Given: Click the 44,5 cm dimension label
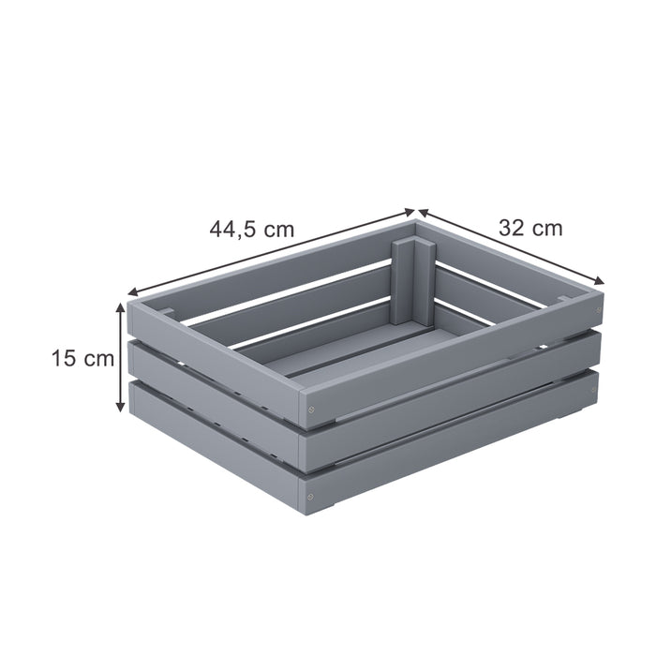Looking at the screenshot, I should coord(251,229).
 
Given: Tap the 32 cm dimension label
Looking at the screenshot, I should coord(530,228).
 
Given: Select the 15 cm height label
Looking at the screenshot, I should coord(82,357).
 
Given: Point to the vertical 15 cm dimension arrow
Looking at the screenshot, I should coord(120,356).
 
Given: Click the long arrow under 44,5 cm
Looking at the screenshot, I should coord(272,251).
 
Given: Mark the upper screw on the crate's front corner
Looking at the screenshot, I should coord(310,411).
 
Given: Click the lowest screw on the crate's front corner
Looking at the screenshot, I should coord(310,495).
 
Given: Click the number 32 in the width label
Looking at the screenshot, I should coord(512,228).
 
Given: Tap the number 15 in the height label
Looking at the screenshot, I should coord(63,357).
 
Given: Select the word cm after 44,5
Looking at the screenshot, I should coord(277,229).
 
